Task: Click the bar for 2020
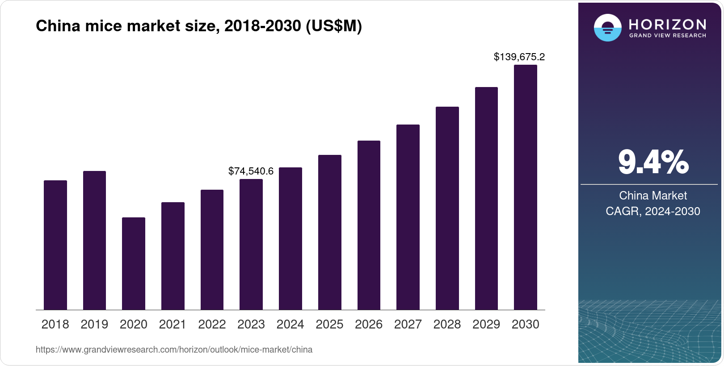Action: [133, 263]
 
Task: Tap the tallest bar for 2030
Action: [525, 187]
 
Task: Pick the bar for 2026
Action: [369, 225]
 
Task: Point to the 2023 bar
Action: [251, 245]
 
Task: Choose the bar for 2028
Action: [447, 208]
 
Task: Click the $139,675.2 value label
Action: [519, 57]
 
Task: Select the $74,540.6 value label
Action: [251, 171]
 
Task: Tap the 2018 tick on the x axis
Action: [55, 324]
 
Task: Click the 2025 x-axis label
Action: [329, 324]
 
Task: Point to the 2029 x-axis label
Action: [486, 324]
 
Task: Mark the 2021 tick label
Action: [173, 324]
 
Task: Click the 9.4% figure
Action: [653, 162]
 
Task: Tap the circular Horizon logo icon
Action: [607, 28]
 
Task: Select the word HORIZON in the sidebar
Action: [667, 24]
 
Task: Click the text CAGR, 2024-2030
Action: [652, 211]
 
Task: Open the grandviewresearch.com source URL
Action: [174, 349]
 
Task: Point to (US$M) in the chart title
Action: [333, 26]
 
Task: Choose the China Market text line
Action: [652, 195]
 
